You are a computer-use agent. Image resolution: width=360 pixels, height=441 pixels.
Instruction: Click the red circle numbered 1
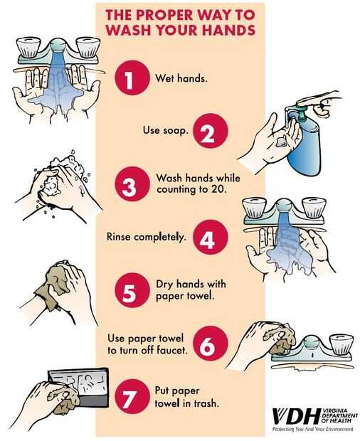[x=132, y=78]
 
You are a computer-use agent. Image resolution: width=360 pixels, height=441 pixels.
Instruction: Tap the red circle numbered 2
[x=211, y=131]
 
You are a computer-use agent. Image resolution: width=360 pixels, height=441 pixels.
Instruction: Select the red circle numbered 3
[x=132, y=184]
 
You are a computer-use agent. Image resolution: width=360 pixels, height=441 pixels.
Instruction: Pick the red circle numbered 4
[x=211, y=237]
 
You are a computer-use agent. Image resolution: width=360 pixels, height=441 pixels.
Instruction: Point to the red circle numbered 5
[x=132, y=290]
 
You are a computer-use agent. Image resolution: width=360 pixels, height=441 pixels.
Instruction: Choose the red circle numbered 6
[x=211, y=344]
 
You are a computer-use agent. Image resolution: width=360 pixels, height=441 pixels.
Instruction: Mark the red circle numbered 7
[x=132, y=397]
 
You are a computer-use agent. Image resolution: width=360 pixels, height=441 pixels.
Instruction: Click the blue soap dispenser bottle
[x=305, y=144]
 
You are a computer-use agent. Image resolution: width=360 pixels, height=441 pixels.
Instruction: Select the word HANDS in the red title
[x=228, y=30]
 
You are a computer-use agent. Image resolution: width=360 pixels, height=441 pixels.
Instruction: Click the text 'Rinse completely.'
[x=147, y=237]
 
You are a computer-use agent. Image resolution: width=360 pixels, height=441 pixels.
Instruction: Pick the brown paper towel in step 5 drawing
[x=53, y=284]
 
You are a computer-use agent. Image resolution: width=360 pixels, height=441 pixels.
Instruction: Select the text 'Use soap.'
[x=165, y=130]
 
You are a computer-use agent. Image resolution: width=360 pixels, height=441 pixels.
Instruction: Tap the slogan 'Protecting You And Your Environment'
[x=312, y=429]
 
